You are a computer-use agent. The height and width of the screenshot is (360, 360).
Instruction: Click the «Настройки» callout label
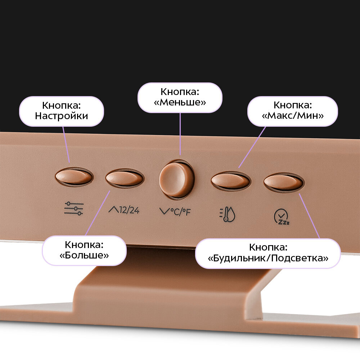(62, 111)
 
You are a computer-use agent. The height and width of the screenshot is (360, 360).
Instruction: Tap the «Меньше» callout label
(180, 97)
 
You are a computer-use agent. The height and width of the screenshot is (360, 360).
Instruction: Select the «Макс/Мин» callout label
(292, 111)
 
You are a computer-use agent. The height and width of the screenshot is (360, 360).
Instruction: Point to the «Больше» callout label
(84, 250)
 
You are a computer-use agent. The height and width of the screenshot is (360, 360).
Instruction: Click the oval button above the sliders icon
(74, 177)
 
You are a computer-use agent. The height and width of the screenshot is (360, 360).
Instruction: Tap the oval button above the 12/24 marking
(125, 178)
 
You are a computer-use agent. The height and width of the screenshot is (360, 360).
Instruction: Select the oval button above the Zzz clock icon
(283, 182)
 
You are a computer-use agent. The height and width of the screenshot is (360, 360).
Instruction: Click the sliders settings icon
(73, 208)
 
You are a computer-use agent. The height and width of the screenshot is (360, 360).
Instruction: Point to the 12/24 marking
(129, 210)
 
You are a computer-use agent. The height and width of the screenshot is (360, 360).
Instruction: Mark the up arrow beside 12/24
(113, 210)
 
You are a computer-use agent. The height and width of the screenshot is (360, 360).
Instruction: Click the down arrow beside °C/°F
(164, 211)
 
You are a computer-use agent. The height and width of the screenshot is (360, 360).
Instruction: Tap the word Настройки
(62, 116)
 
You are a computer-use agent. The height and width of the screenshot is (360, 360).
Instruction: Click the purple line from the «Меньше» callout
(180, 137)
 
